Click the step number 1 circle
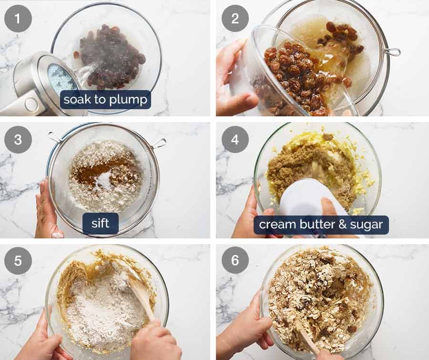(18, 19)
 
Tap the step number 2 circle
(235, 19)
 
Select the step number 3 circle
(18, 139)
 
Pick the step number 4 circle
(235, 139)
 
